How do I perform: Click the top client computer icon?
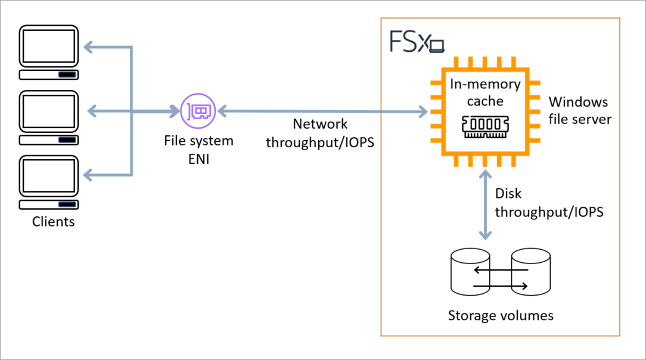point(49,52)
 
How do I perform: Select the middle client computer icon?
point(49,117)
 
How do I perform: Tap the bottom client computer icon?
point(49,182)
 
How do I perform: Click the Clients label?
point(54,222)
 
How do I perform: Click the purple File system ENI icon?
point(198,111)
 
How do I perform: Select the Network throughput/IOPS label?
point(320,134)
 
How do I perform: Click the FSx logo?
point(417,42)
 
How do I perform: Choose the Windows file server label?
point(579,110)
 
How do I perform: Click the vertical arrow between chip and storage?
point(486,203)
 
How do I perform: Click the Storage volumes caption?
point(501,315)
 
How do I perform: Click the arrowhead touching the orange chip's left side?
point(423,111)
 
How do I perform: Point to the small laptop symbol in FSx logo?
point(438,45)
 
